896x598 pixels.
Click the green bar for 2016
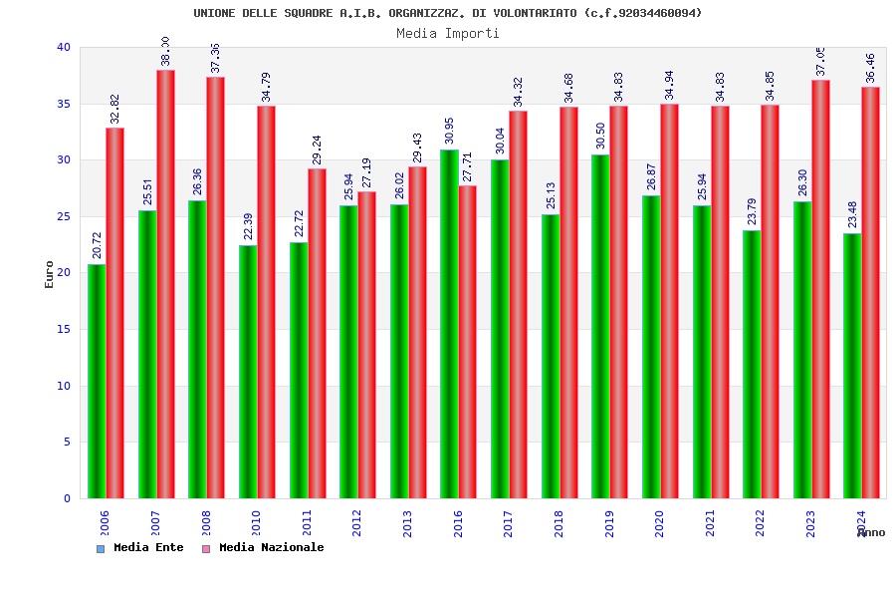click(x=449, y=324)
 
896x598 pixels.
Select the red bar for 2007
click(x=165, y=284)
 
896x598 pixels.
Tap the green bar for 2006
click(x=97, y=381)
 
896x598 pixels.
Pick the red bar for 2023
click(x=820, y=289)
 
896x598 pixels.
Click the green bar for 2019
click(x=600, y=326)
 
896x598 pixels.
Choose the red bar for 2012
click(x=366, y=345)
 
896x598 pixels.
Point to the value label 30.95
click(x=450, y=131)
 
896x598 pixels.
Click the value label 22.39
click(x=249, y=226)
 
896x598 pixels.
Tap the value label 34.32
click(x=518, y=92)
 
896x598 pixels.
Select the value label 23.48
click(x=853, y=214)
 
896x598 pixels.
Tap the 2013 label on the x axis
click(x=407, y=523)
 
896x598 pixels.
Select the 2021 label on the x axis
click(x=710, y=523)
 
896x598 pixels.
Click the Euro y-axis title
click(x=50, y=274)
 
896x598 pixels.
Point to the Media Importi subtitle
click(x=448, y=33)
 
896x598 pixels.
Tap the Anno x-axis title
click(x=871, y=532)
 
